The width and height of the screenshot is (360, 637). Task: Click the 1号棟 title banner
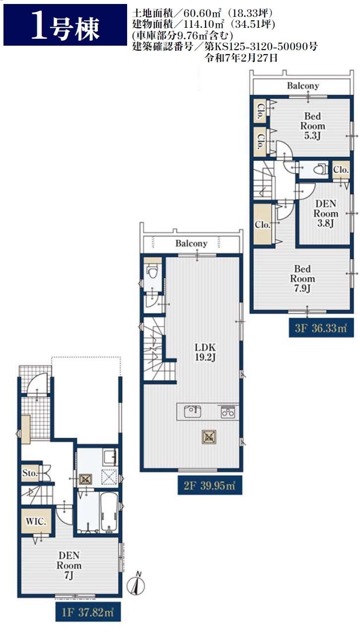(x=65, y=25)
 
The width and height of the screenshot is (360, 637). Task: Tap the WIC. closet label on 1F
(x=36, y=521)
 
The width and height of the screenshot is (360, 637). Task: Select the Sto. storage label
(x=30, y=473)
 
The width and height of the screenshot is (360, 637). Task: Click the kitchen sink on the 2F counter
(x=193, y=411)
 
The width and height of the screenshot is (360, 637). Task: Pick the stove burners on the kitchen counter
(x=228, y=412)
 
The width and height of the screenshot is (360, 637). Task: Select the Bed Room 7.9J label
(x=302, y=279)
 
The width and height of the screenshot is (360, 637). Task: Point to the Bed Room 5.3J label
(x=312, y=126)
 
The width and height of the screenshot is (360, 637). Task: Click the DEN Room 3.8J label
(x=326, y=213)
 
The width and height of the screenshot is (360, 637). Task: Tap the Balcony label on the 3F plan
(x=303, y=85)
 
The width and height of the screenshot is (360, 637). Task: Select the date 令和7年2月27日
(x=241, y=58)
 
